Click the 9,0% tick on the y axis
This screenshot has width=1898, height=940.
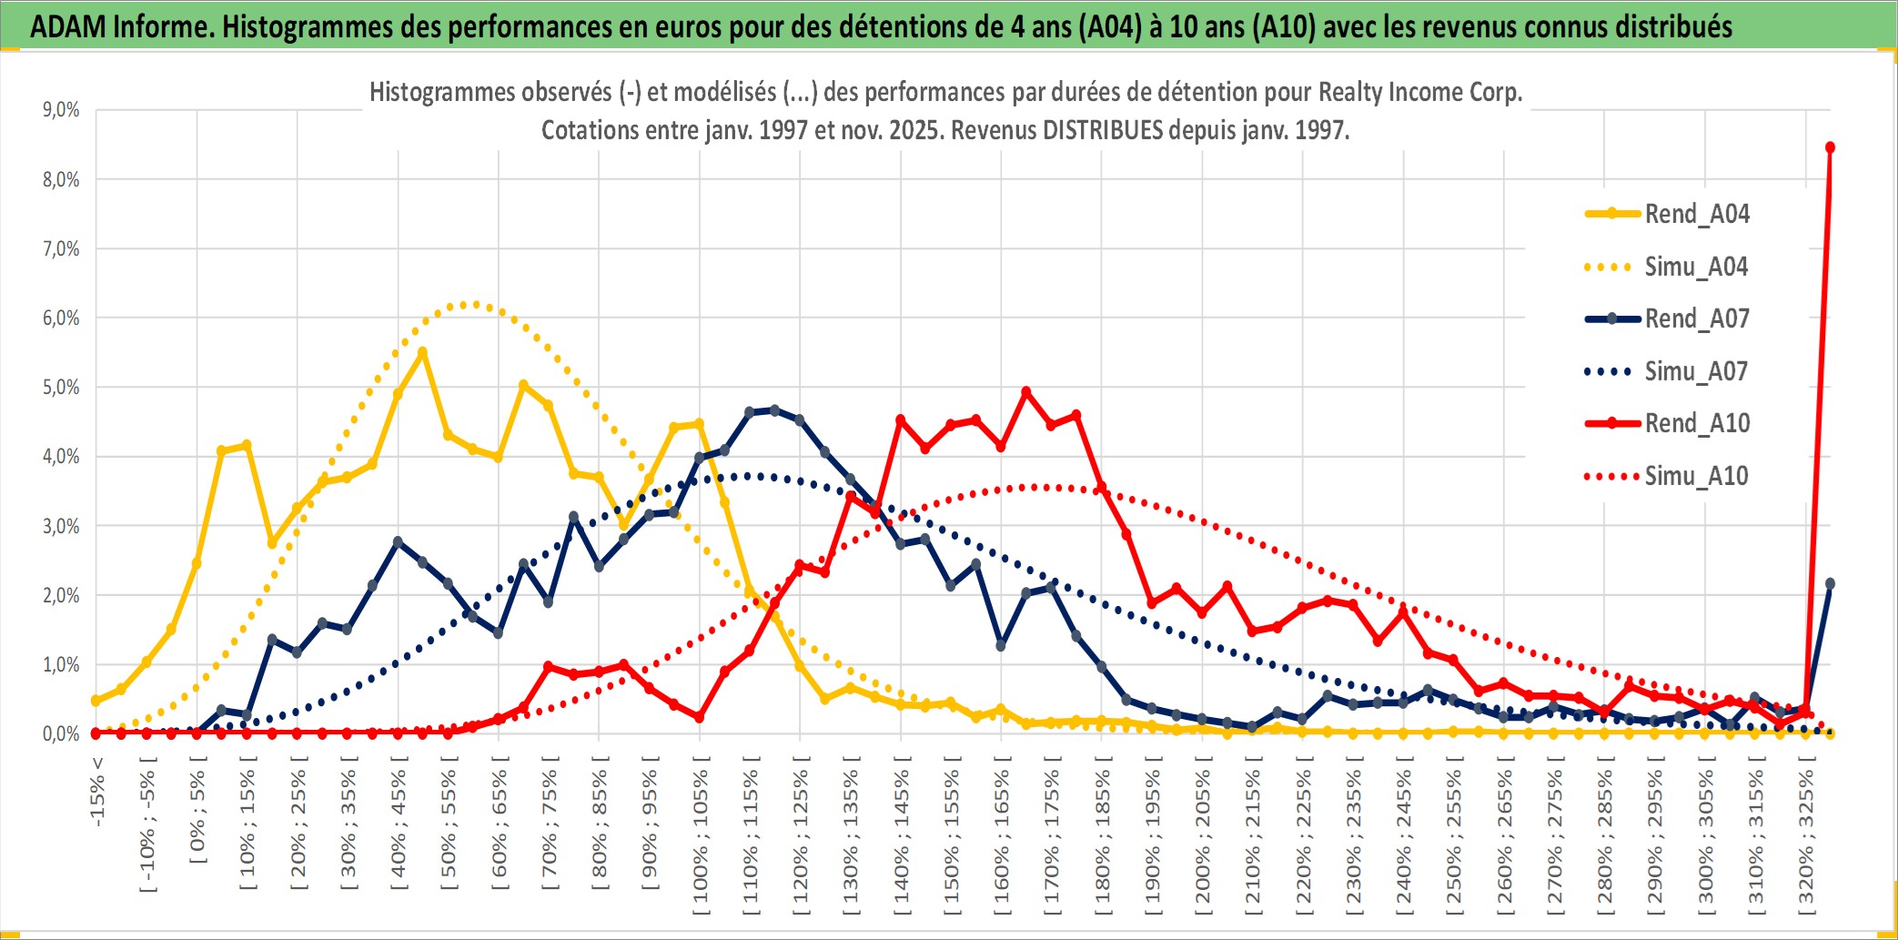pyautogui.click(x=61, y=110)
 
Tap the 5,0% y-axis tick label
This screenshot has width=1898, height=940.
pyautogui.click(x=61, y=388)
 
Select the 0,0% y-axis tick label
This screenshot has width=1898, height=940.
pyautogui.click(x=61, y=733)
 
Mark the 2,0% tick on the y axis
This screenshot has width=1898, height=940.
pyautogui.click(x=61, y=595)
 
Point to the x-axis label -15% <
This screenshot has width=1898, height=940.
pyautogui.click(x=97, y=792)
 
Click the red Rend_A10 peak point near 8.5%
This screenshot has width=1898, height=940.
pyautogui.click(x=1830, y=147)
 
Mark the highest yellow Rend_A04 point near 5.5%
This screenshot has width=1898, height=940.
pyautogui.click(x=422, y=352)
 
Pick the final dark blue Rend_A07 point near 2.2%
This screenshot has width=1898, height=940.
pyautogui.click(x=1830, y=583)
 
